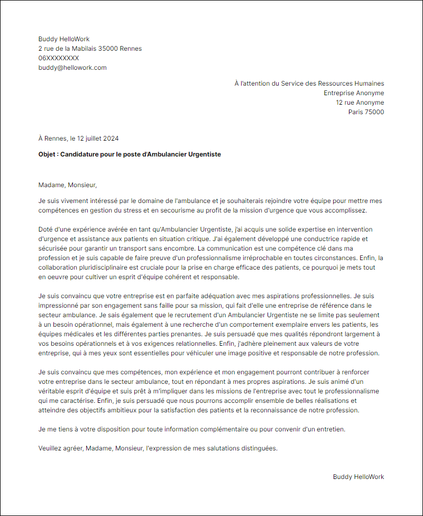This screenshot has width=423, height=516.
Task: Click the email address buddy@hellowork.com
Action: click(72, 68)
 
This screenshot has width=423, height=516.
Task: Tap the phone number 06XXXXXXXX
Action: click(59, 58)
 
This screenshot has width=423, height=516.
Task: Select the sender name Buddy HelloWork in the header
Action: click(64, 39)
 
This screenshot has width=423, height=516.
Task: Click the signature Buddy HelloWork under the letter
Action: click(358, 477)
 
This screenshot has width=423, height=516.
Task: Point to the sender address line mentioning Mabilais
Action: click(90, 49)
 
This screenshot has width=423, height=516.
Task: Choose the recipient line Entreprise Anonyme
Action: click(354, 93)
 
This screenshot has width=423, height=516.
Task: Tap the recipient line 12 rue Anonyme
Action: click(360, 103)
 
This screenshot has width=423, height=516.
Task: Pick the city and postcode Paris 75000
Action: click(366, 112)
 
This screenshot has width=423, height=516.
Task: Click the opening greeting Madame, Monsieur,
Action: click(68, 185)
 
